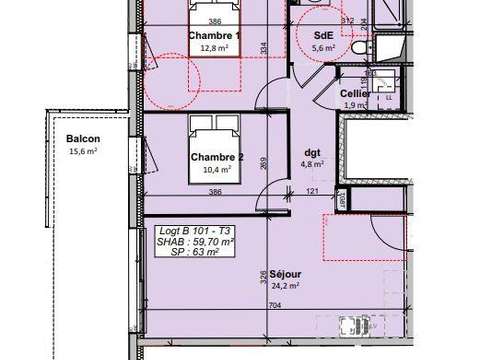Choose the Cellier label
click(x=356, y=94)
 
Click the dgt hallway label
click(x=312, y=153)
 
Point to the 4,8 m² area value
click(x=313, y=166)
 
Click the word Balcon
click(x=83, y=139)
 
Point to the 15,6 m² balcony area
click(x=83, y=152)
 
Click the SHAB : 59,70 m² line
click(x=196, y=241)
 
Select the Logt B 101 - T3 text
click(x=195, y=231)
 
